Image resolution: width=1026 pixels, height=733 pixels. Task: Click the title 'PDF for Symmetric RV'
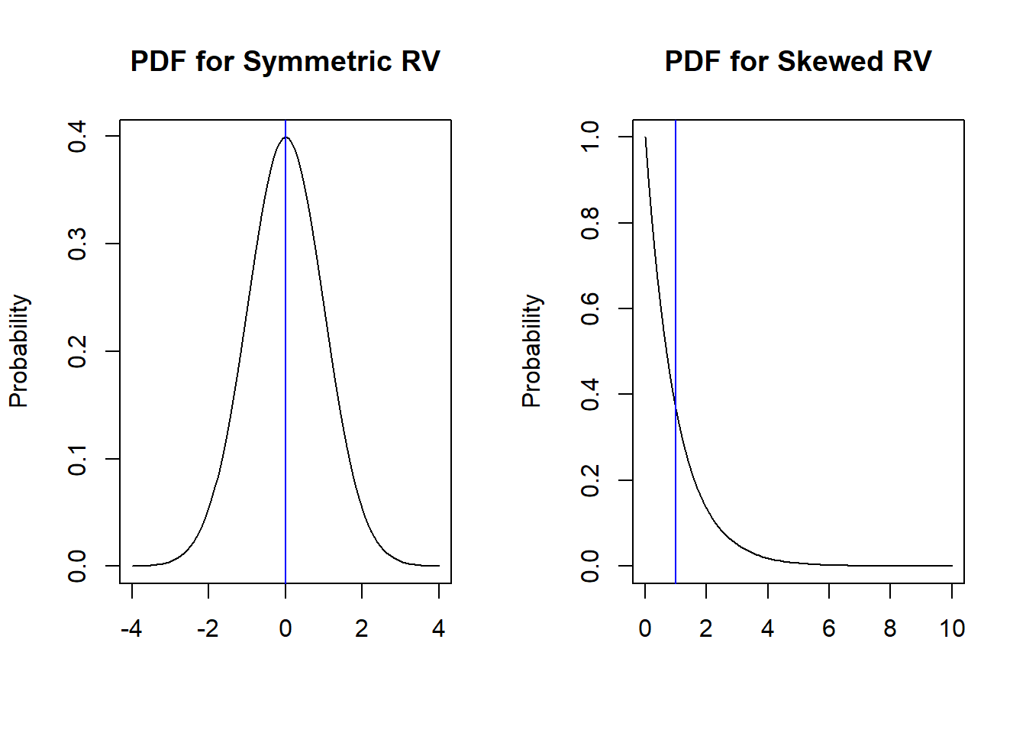[285, 62]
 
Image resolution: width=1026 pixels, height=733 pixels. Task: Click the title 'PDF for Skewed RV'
[798, 62]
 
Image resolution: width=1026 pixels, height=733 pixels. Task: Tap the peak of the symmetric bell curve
[286, 137]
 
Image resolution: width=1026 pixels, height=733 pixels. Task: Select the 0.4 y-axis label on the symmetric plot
[77, 137]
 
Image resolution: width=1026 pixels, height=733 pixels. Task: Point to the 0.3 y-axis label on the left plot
[77, 244]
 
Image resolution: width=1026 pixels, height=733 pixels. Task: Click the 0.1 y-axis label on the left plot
[77, 460]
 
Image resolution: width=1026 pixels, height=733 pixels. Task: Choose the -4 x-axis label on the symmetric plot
[131, 628]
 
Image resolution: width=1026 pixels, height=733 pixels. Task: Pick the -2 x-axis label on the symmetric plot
[208, 628]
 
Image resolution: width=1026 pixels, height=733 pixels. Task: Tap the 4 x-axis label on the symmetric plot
[438, 628]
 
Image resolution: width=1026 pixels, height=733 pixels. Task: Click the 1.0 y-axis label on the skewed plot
[590, 137]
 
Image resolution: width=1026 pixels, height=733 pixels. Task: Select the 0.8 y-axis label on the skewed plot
[590, 223]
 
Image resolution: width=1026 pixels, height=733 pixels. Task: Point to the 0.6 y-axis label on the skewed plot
[590, 308]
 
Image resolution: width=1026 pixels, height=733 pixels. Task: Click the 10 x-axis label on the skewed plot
[952, 628]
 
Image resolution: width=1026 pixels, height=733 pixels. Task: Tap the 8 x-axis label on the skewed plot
[890, 628]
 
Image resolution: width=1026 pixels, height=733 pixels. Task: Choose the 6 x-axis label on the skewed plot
[829, 628]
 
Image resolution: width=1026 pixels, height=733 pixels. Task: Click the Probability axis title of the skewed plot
[531, 351]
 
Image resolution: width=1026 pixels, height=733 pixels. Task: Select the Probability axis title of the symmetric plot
[18, 351]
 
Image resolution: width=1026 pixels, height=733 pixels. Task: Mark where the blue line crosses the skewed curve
[676, 408]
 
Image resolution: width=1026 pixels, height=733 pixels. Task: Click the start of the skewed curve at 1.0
[646, 138]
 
